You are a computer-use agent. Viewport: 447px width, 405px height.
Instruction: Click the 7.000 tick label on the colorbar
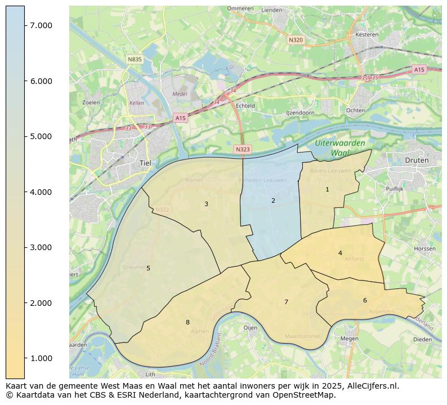pyautogui.click(x=41, y=25)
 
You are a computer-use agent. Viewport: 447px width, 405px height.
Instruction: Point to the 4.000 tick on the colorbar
pyautogui.click(x=41, y=192)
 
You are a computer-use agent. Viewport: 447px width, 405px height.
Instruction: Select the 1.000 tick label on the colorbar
pyautogui.click(x=41, y=358)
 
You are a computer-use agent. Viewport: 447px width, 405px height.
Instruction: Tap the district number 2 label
pyautogui.click(x=273, y=201)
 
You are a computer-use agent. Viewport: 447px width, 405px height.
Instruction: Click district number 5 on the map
pyautogui.click(x=148, y=269)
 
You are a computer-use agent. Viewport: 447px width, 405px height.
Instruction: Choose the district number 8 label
pyautogui.click(x=187, y=322)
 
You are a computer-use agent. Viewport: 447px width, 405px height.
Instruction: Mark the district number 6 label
pyautogui.click(x=365, y=300)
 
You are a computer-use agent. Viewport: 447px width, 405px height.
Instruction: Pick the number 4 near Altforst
pyautogui.click(x=340, y=253)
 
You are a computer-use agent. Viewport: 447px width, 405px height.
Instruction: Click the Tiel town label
pyautogui.click(x=145, y=163)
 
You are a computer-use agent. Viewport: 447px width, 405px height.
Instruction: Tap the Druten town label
pyautogui.click(x=417, y=160)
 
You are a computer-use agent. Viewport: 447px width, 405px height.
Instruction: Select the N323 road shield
pyautogui.click(x=242, y=149)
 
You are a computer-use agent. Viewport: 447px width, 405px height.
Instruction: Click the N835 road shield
pyautogui.click(x=135, y=59)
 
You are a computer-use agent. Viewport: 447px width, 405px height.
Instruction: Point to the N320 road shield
pyautogui.click(x=296, y=40)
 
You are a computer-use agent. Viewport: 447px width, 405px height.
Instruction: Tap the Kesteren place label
pyautogui.click(x=367, y=34)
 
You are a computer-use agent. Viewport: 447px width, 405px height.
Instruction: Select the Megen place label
pyautogui.click(x=349, y=339)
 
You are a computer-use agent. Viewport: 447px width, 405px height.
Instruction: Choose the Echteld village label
pyautogui.click(x=245, y=105)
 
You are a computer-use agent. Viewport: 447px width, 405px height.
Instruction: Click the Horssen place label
pyautogui.click(x=424, y=248)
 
